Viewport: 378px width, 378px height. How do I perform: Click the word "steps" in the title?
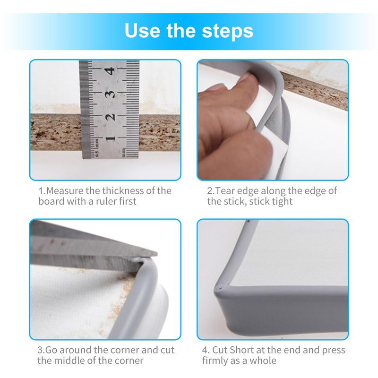[x=228, y=31]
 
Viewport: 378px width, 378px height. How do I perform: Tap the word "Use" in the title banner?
[x=142, y=31]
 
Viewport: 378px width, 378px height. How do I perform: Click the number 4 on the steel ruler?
[x=110, y=71]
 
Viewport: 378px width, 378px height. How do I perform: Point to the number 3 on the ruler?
[x=110, y=94]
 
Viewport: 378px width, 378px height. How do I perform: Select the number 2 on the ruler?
[x=110, y=117]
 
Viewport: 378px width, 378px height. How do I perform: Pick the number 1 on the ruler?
[x=110, y=138]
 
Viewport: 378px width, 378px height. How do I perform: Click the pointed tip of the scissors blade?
[x=157, y=254]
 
